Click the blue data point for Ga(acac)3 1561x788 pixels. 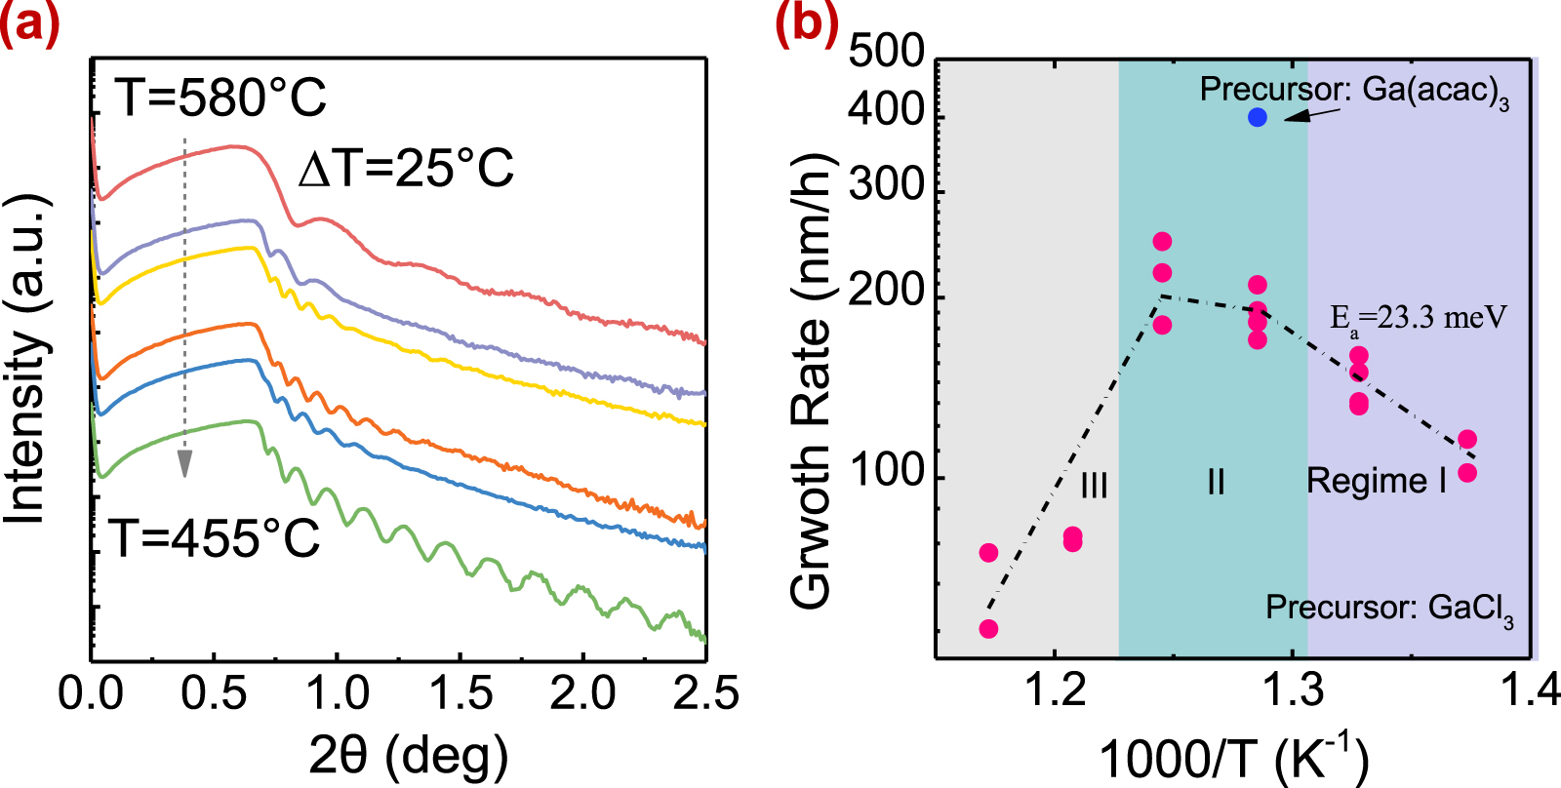[x=1258, y=117]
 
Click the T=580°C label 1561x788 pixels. [x=221, y=98]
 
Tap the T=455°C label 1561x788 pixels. [x=215, y=537]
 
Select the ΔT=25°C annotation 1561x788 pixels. [x=406, y=169]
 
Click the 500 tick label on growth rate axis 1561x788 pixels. [x=886, y=51]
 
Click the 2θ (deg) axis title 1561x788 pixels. [x=408, y=754]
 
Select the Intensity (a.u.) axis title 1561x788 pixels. [x=27, y=358]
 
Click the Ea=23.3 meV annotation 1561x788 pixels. [x=1419, y=318]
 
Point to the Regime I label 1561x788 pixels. [x=1377, y=481]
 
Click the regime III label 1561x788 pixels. [x=1094, y=485]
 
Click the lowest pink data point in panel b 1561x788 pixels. [x=988, y=629]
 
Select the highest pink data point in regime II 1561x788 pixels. [x=1162, y=242]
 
